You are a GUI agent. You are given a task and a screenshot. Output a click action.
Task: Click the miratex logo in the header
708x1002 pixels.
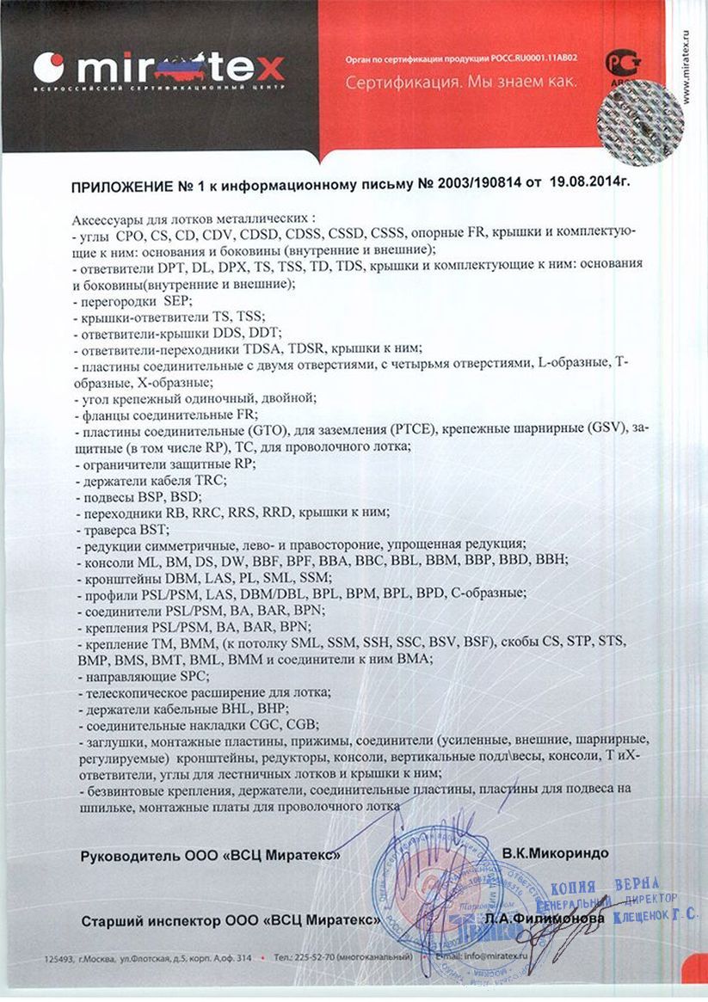[159, 66]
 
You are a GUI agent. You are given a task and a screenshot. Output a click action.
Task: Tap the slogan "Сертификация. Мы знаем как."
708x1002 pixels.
[460, 83]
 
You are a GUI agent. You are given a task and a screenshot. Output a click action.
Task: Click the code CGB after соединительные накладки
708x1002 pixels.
[303, 724]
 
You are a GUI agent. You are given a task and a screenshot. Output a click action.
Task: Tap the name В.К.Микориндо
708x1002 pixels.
[555, 853]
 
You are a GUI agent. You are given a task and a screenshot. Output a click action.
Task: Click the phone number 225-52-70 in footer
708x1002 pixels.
[319, 956]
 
